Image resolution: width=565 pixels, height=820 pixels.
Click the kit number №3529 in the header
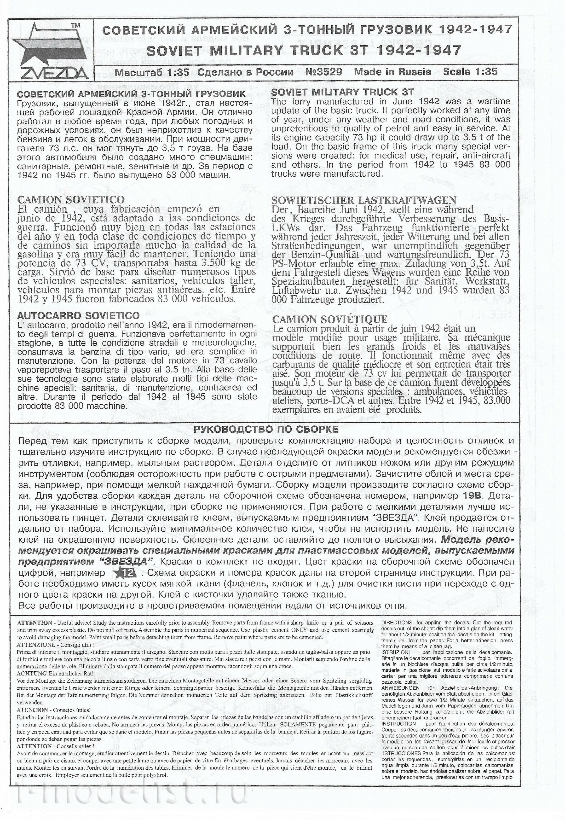[x=323, y=72]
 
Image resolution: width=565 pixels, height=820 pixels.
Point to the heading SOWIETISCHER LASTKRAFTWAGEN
[x=363, y=200]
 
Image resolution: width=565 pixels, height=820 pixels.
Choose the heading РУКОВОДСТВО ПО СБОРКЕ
[x=265, y=430]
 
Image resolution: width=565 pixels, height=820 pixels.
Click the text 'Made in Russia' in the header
[x=392, y=72]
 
